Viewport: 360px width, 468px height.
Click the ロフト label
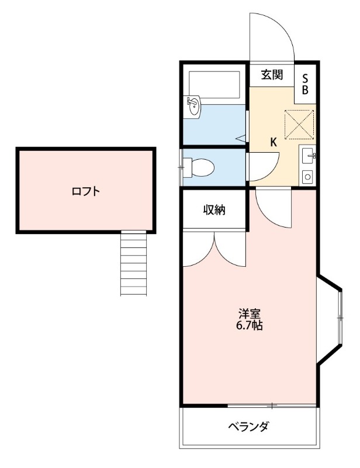coord(86,191)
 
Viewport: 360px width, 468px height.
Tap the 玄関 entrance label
coord(272,74)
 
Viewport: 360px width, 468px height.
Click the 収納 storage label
coord(214,210)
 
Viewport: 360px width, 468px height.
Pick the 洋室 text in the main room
coord(249,313)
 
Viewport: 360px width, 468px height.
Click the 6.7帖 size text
coord(249,326)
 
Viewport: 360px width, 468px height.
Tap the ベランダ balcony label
coord(248,426)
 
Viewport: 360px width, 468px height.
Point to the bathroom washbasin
coord(193,106)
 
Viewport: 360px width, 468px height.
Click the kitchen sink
coord(307,156)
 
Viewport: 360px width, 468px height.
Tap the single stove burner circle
coord(307,175)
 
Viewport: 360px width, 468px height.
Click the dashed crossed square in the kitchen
coord(299,124)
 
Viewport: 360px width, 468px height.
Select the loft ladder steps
coord(133,263)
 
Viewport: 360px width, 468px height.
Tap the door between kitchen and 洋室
coord(274,208)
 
